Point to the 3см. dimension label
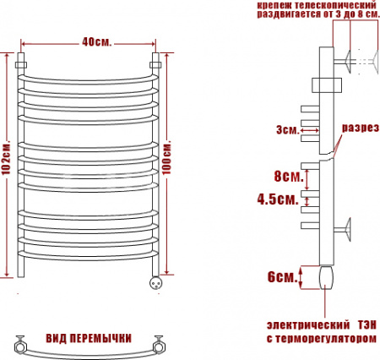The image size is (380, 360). pyautogui.click(x=287, y=129)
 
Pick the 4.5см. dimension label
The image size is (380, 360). pyautogui.click(x=277, y=200)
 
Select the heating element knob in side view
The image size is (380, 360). pyautogui.click(x=327, y=277)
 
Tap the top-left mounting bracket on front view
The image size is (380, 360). pyautogui.click(x=21, y=63)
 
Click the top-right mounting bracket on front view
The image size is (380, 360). pyautogui.click(x=155, y=63)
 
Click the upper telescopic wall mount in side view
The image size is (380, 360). pyautogui.click(x=348, y=61)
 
